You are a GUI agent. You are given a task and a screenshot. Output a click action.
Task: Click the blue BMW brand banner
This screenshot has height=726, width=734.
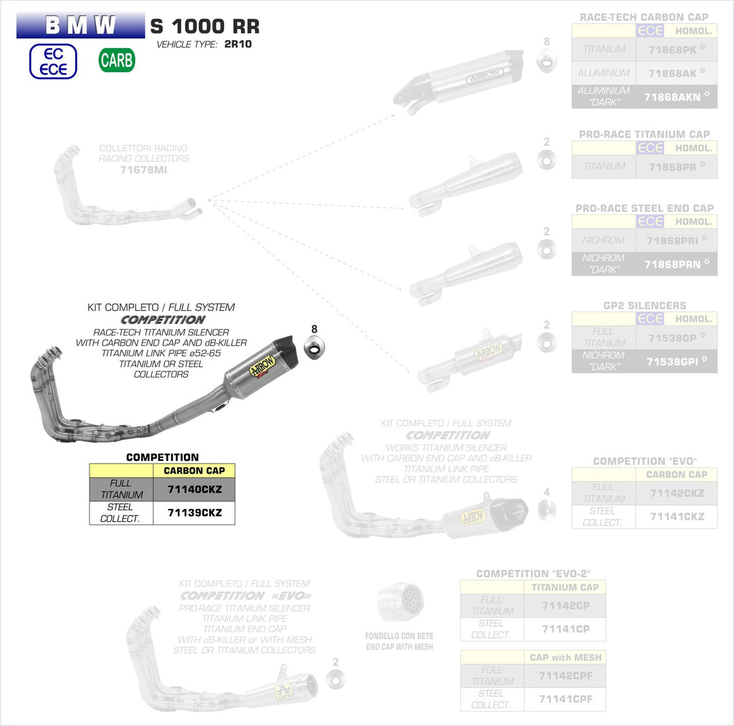click(x=80, y=27)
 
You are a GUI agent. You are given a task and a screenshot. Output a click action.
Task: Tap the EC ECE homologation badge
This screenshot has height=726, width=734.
click(x=52, y=62)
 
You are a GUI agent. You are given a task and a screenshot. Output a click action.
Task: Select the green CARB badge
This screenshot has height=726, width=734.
click(x=117, y=60)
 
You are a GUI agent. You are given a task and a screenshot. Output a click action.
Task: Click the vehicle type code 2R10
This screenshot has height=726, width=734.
click(x=238, y=44)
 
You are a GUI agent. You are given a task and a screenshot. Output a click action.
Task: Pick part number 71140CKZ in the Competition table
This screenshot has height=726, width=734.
click(x=194, y=489)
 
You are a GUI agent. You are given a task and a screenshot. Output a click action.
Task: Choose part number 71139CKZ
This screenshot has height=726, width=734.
click(x=194, y=512)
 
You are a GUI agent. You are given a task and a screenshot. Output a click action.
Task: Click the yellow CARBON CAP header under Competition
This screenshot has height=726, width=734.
click(x=194, y=471)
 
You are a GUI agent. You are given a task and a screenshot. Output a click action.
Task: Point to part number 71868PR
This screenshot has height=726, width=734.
click(x=672, y=166)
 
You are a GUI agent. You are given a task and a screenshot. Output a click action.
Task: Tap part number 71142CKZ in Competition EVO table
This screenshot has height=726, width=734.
click(x=677, y=493)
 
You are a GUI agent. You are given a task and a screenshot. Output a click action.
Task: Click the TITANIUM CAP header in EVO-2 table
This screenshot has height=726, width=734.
click(x=565, y=587)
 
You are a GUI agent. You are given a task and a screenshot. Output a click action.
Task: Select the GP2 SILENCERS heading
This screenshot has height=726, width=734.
click(x=644, y=305)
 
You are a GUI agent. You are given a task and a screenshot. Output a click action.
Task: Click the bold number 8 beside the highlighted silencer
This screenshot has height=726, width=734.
click(x=314, y=329)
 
